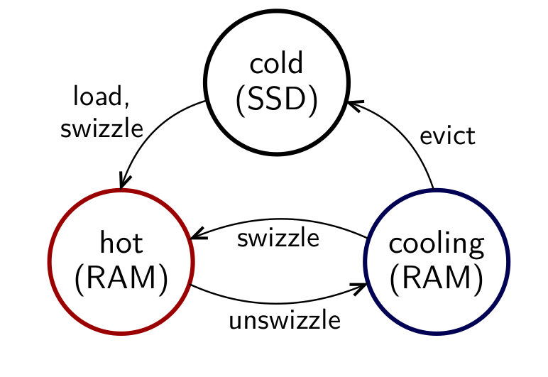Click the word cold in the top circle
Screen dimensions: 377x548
(276, 64)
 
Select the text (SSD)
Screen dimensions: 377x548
(276, 100)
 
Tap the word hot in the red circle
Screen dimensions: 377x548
(121, 243)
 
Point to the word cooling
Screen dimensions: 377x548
(437, 244)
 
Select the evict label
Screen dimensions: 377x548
(446, 136)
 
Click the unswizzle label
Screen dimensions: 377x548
(285, 321)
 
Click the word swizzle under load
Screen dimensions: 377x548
(102, 129)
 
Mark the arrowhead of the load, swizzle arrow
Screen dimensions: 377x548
(126, 183)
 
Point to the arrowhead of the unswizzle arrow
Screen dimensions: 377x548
(361, 288)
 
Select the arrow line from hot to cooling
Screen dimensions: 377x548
(277, 302)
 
